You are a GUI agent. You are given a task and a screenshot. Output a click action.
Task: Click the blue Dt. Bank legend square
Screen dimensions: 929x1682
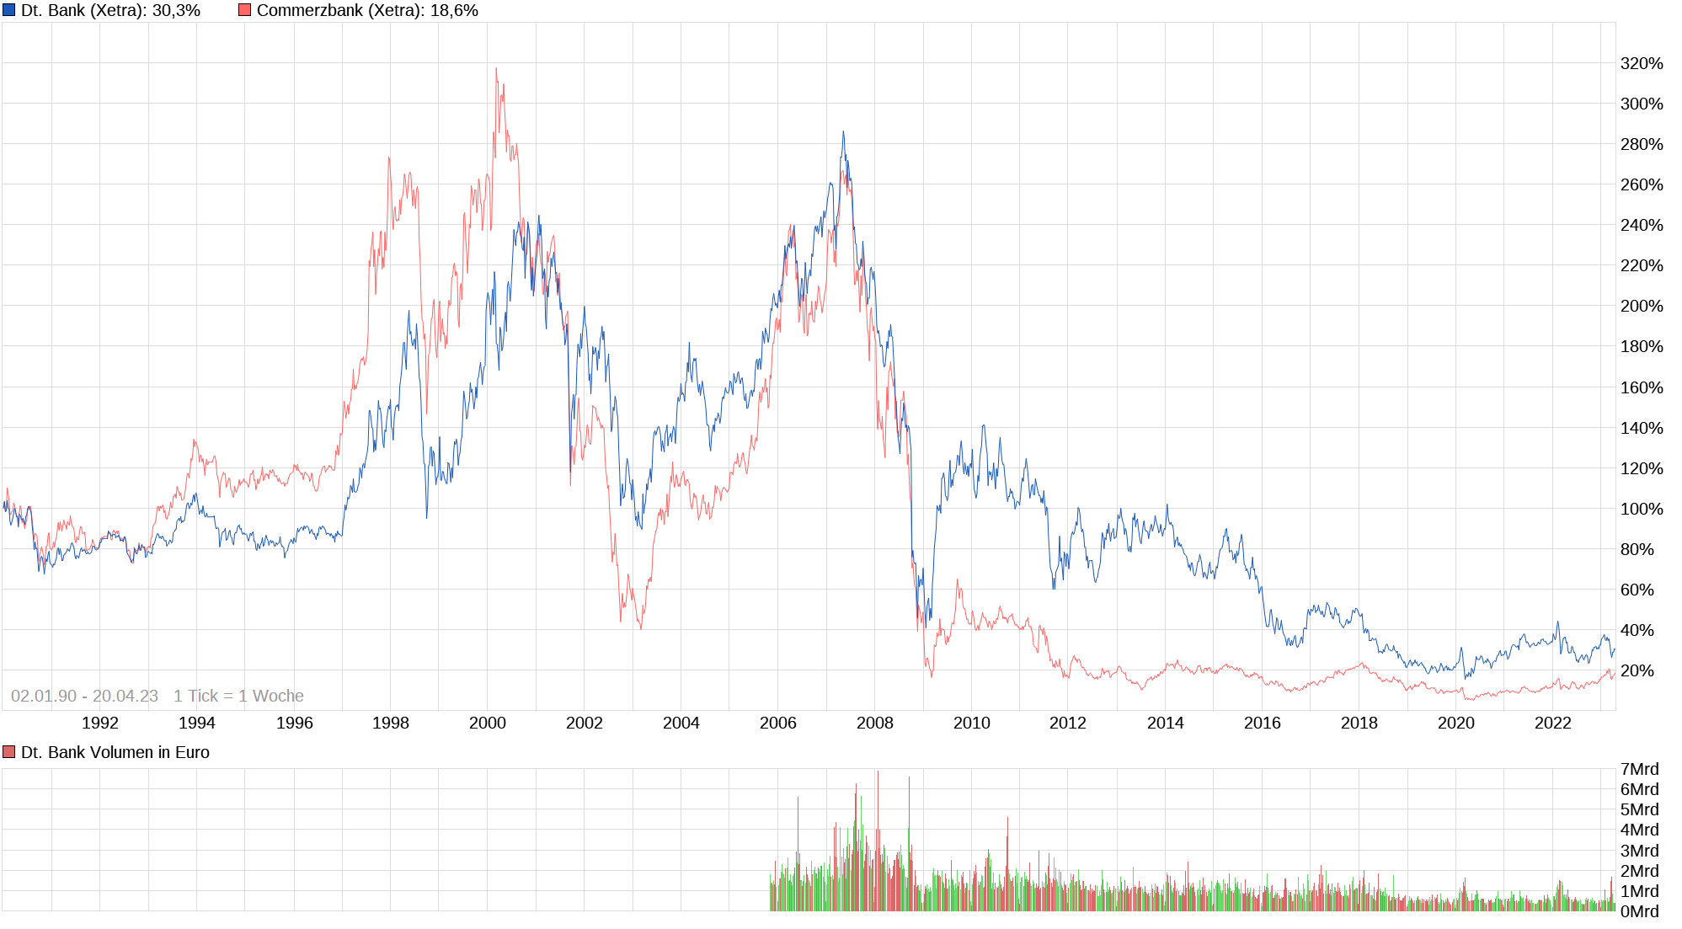click(9, 10)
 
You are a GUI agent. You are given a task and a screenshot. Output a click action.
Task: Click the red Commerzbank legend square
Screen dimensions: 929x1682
click(244, 10)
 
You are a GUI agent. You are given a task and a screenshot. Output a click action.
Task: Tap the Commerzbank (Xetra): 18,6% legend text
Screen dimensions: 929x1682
click(367, 10)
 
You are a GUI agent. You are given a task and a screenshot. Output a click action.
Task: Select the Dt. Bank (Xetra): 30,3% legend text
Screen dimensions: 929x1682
click(110, 10)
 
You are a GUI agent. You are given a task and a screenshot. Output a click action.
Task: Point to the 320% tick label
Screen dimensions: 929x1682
click(1642, 63)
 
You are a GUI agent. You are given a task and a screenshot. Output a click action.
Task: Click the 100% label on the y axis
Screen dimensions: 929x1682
click(1642, 509)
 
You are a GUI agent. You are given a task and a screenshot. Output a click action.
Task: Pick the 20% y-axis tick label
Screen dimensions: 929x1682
click(1637, 670)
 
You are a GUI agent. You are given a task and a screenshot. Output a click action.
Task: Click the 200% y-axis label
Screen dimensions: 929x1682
click(1642, 306)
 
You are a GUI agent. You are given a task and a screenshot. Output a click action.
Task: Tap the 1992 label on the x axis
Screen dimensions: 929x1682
click(100, 723)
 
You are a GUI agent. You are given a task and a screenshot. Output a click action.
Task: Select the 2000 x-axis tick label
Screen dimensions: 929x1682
click(488, 723)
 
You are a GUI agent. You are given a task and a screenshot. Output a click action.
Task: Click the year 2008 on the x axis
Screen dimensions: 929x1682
click(875, 723)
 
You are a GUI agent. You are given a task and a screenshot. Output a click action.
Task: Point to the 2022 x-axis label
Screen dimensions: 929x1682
click(1553, 723)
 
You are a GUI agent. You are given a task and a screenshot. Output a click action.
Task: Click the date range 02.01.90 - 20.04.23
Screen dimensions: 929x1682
click(84, 696)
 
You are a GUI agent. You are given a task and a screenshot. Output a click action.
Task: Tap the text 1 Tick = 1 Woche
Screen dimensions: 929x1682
click(238, 696)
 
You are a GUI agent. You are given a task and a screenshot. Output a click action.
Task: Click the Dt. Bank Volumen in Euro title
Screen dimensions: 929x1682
click(115, 752)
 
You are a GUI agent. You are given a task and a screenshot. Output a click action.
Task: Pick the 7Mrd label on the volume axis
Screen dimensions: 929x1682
click(1639, 769)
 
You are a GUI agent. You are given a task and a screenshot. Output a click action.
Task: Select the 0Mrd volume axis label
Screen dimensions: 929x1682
click(1639, 911)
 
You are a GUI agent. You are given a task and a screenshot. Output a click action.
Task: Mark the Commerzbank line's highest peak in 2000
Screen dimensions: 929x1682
click(496, 68)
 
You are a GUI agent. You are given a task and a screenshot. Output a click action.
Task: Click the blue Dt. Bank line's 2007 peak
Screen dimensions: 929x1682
click(843, 131)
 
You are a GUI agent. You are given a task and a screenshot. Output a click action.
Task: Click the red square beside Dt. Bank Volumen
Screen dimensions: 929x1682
click(9, 752)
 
